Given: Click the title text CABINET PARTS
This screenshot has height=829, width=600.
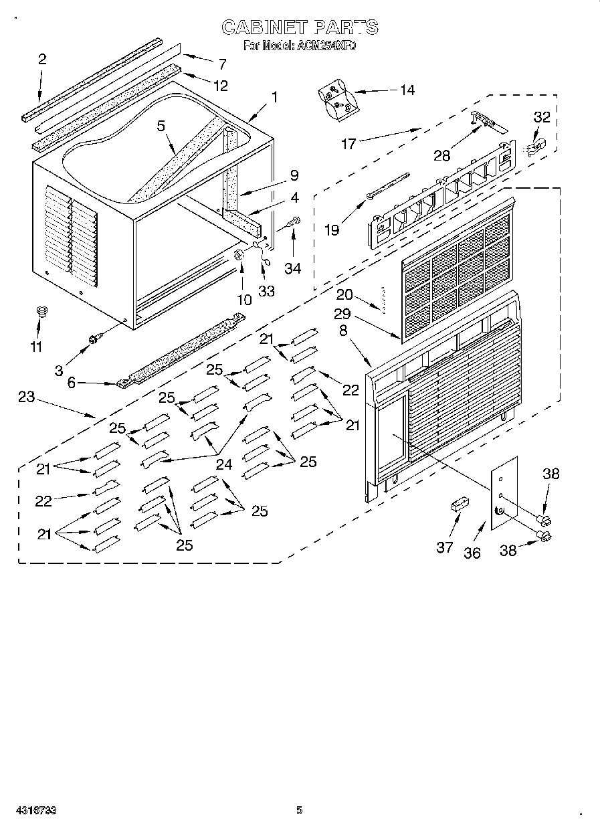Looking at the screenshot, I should click(300, 27).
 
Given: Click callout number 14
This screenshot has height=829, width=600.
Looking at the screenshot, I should click(406, 90).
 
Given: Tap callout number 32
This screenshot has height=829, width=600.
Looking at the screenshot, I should click(541, 117).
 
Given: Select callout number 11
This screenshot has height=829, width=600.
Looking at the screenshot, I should click(36, 347).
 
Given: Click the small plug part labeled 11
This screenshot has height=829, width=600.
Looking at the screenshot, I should click(42, 310).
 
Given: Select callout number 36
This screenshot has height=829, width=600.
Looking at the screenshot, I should click(472, 553).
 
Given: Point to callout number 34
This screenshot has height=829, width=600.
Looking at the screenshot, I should click(292, 268).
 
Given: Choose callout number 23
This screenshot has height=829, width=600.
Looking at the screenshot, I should click(26, 397).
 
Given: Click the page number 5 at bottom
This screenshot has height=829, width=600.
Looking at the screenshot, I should click(300, 810).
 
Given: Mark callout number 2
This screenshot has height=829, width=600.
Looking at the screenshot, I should click(42, 60).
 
